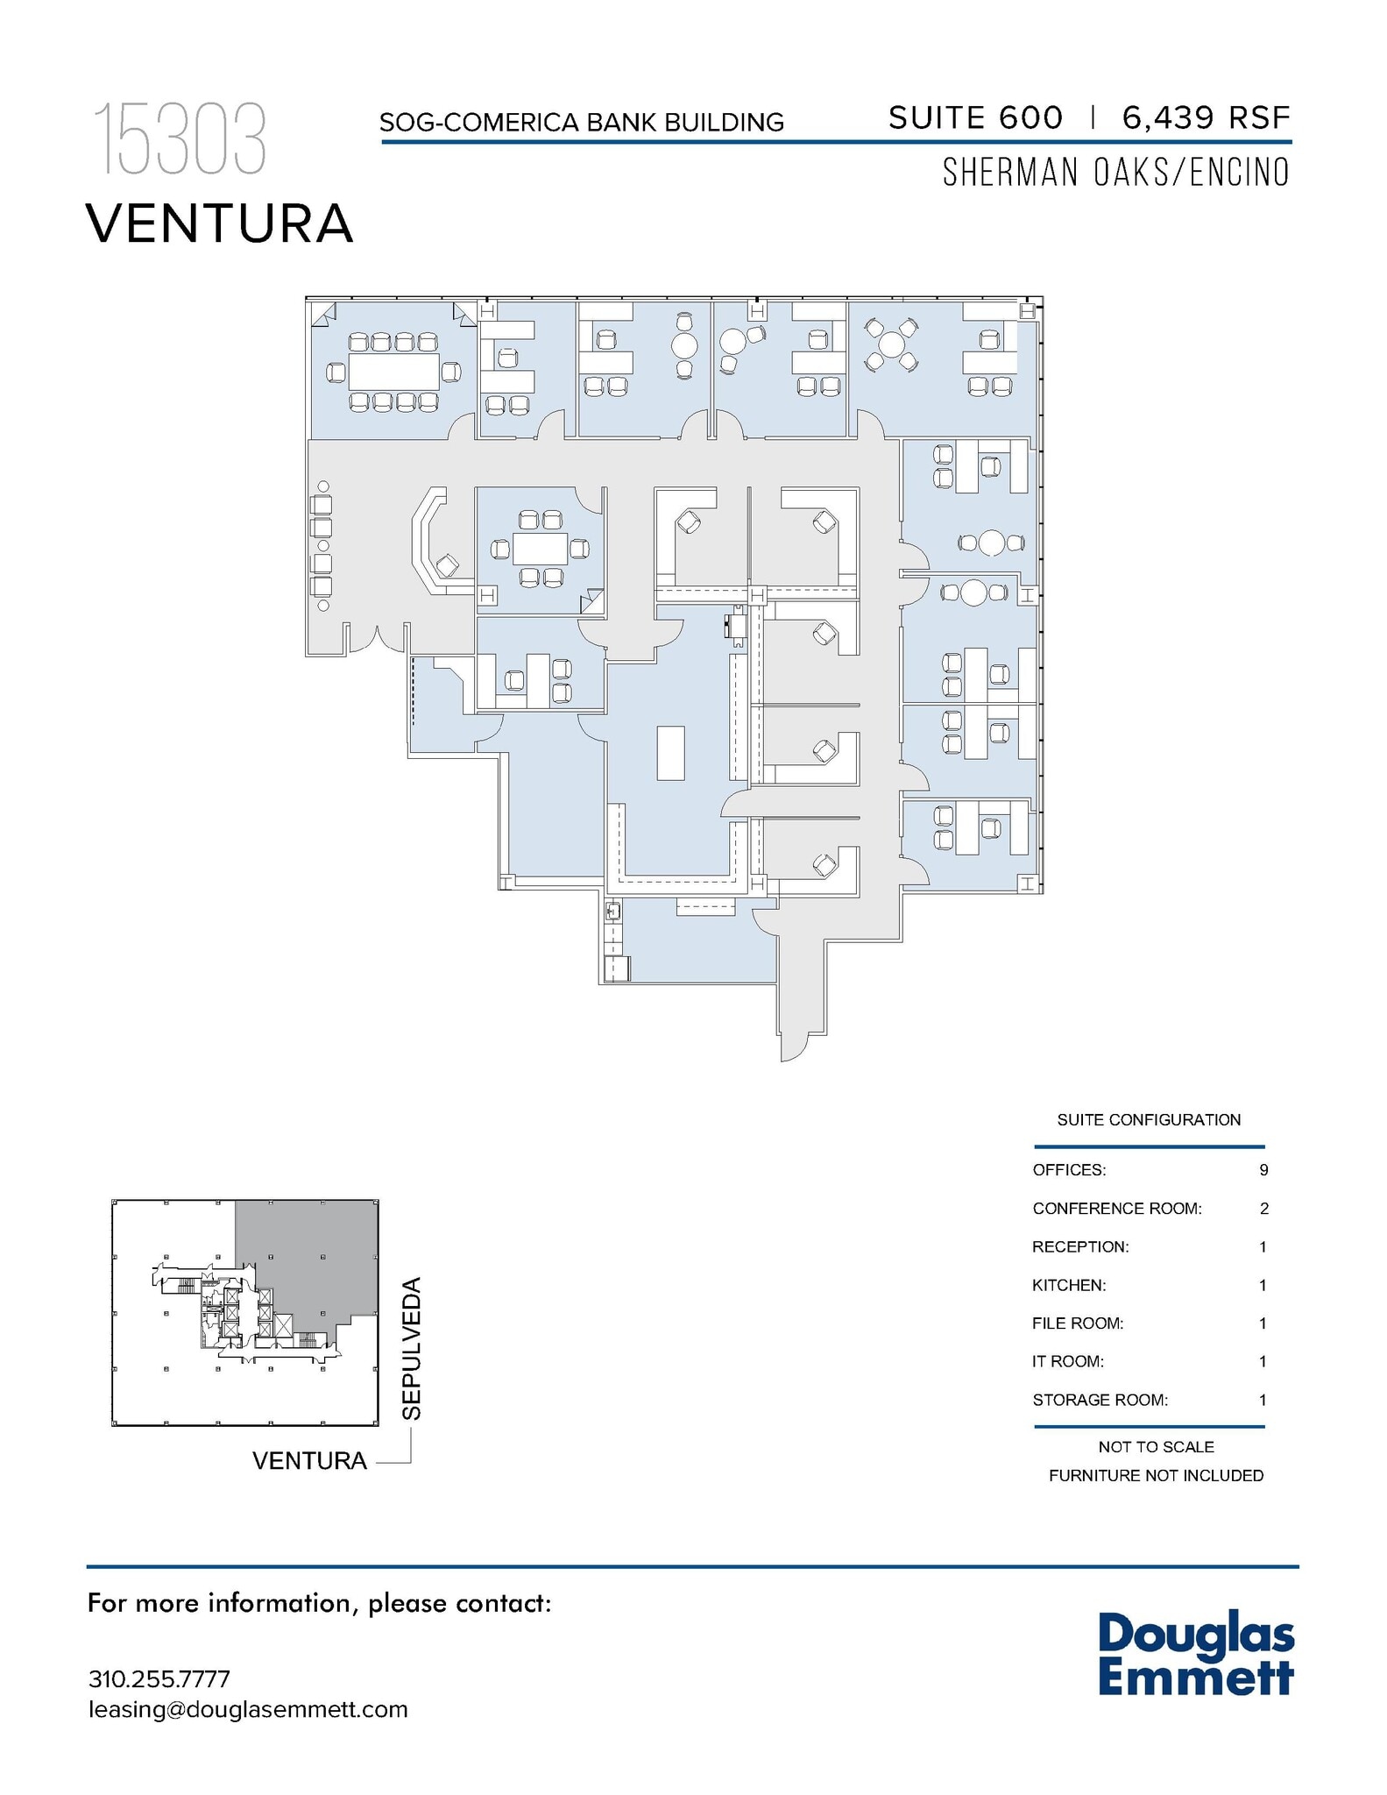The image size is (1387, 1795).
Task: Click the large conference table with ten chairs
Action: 393,372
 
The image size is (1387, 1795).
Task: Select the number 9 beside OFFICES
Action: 1263,1170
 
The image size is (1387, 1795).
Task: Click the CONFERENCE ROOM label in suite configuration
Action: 1116,1209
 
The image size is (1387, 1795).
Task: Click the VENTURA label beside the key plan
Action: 309,1461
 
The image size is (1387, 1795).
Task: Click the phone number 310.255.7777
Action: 159,1679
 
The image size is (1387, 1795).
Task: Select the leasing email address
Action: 248,1709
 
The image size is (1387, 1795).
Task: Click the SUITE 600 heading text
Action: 975,117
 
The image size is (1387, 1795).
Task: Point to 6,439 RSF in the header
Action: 1206,117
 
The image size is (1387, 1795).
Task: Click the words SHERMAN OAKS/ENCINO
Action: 1115,173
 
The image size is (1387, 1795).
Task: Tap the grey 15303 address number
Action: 180,138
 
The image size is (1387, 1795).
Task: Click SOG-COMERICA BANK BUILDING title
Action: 581,123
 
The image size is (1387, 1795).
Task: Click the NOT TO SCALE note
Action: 1156,1447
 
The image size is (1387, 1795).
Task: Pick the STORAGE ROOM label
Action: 1100,1400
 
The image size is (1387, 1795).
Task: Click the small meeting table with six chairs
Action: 541,549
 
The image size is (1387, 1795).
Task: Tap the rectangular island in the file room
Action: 670,752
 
